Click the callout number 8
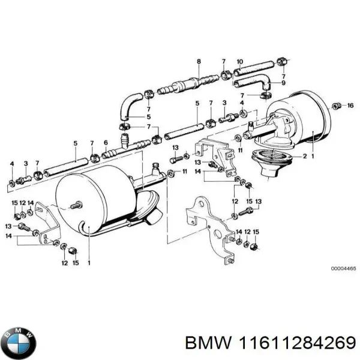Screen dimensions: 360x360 click(x=199, y=62)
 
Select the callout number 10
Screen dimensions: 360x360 click(x=239, y=62)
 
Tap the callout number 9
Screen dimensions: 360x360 click(x=283, y=83)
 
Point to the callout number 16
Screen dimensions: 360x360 click(x=351, y=106)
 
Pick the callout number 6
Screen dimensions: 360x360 click(x=106, y=142)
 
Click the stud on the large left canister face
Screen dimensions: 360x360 click(x=76, y=206)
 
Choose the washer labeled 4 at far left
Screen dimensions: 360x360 click(x=11, y=181)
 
